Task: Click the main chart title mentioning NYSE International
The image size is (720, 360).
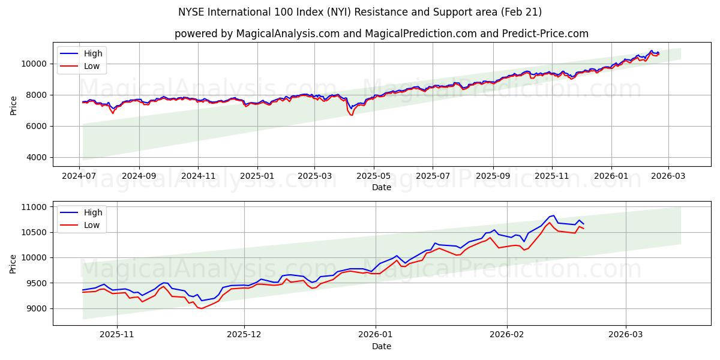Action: pos(360,12)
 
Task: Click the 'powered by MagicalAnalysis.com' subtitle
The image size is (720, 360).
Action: pos(381,34)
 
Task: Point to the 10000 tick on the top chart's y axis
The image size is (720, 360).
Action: pos(35,64)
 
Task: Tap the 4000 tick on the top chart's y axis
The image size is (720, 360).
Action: pos(37,157)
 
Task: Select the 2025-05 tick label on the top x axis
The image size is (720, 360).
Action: pos(374,177)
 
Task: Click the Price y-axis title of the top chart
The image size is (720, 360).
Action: pos(13,104)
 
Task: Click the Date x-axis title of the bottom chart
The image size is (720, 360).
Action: pos(381,347)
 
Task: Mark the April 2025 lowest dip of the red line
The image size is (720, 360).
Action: pos(351,115)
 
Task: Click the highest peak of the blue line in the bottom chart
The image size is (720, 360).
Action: pos(553,215)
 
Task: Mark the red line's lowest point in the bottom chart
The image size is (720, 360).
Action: pos(202,308)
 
